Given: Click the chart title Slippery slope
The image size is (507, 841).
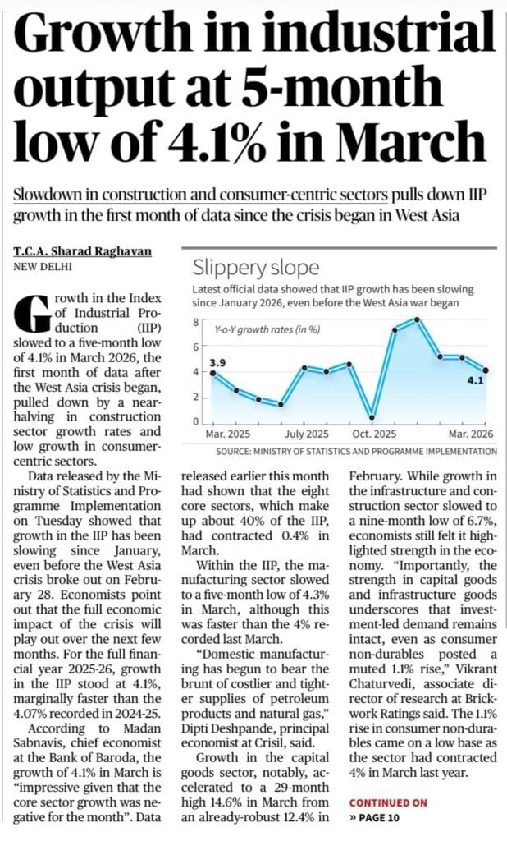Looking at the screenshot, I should tap(255, 268).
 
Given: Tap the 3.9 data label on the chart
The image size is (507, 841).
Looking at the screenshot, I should tap(217, 361).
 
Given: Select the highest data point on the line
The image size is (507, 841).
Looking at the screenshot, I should tap(417, 319).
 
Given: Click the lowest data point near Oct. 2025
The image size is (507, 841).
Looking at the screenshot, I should tap(372, 416).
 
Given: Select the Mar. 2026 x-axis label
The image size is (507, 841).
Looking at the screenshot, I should tap(469, 434).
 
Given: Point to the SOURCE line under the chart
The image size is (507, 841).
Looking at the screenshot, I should tap(356, 451).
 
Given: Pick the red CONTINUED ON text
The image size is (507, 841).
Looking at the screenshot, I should tap(388, 802).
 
